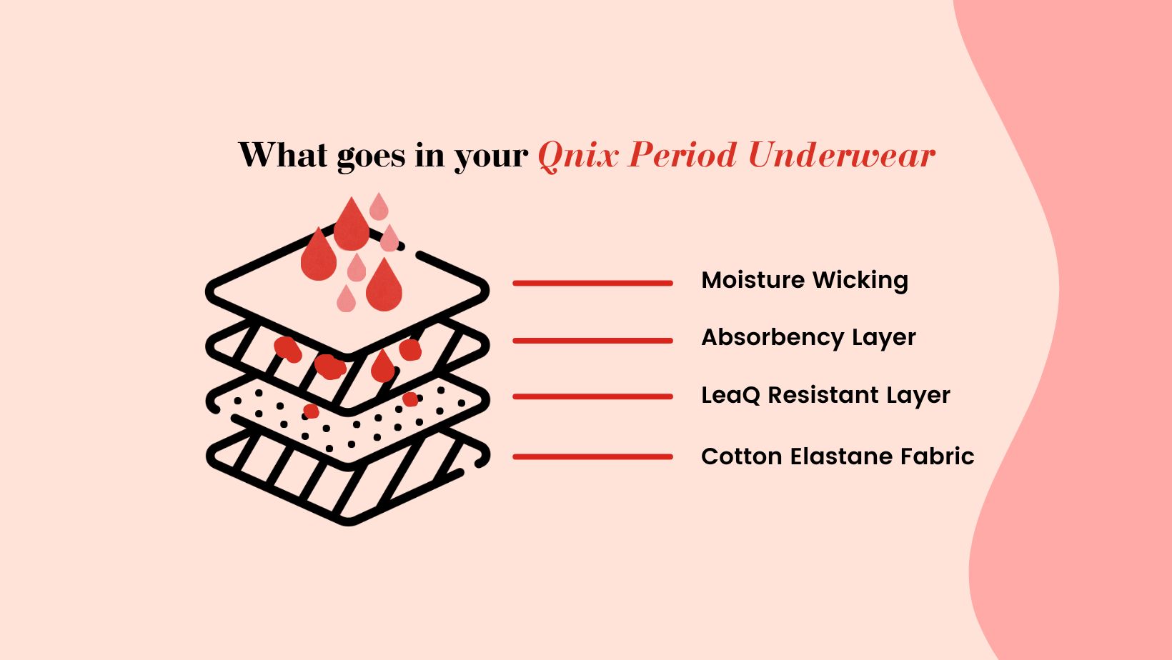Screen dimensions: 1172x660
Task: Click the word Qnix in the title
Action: [x=577, y=156]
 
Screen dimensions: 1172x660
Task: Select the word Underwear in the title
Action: [x=842, y=155]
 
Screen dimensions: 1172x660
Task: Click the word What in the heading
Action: [x=283, y=155]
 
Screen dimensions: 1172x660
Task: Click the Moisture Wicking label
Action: [x=805, y=280]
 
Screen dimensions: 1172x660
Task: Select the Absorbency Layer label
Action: [x=808, y=338]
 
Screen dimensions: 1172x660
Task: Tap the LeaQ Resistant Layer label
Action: [x=825, y=395]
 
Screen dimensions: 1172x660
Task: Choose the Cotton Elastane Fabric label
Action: [x=838, y=456]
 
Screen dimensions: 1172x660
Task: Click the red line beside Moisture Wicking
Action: [x=593, y=283]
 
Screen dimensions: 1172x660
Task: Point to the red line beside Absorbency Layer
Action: [x=593, y=341]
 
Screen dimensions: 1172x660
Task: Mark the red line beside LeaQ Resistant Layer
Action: [x=593, y=396]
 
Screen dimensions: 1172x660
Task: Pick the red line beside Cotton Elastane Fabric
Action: [x=593, y=456]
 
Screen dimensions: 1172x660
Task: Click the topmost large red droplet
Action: [x=351, y=225]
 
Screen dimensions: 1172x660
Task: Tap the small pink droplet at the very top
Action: [x=379, y=207]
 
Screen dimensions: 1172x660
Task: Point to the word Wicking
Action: [x=860, y=280]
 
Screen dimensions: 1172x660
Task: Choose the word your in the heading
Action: [x=491, y=158]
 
